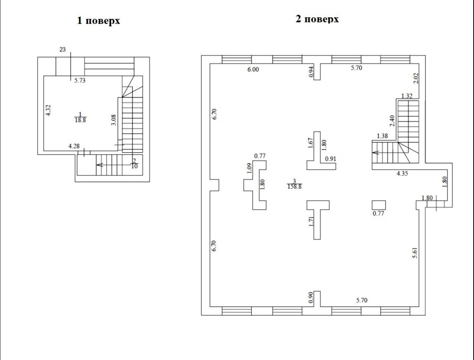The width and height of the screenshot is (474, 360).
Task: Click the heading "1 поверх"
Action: point(99,21)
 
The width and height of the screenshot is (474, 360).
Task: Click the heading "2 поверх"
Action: point(317,19)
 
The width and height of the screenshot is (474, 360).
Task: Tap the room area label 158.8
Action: point(294,187)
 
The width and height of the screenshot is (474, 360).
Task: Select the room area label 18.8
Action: point(80,120)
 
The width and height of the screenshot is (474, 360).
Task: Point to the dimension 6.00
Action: point(253,69)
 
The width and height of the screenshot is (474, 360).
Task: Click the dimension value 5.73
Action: point(80,80)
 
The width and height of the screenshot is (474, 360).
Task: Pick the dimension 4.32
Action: point(49,110)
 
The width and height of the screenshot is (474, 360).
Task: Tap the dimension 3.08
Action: point(114,120)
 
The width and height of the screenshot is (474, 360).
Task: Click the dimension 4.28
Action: point(74,146)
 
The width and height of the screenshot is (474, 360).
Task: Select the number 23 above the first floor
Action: point(63,49)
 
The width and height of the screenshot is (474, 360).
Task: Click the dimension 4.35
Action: point(402,173)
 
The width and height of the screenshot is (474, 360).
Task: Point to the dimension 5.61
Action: point(415,253)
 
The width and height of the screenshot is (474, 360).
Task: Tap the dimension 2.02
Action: point(416,78)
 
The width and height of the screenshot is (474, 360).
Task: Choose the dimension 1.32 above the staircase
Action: point(407,96)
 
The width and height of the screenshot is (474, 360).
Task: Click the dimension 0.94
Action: point(311,72)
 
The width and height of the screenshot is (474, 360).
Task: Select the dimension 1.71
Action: point(311,222)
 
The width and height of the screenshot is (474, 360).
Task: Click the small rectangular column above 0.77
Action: point(378,205)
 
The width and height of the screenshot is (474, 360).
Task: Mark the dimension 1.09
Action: point(249,168)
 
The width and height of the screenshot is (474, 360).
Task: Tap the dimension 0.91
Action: point(330,159)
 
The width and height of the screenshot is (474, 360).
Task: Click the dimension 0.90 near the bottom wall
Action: point(310,297)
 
